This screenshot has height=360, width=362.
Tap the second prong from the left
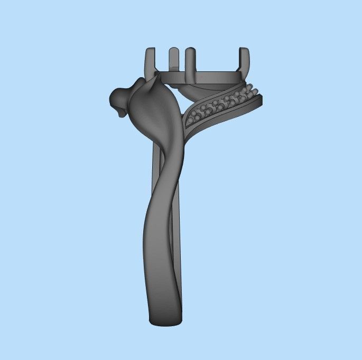pyautogui.click(x=173, y=59)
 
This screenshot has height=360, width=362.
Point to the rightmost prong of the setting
pyautogui.click(x=245, y=61)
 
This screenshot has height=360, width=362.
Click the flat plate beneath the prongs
pyautogui.click(x=201, y=78)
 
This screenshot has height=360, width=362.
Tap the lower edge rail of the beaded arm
pyautogui.click(x=222, y=117)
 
